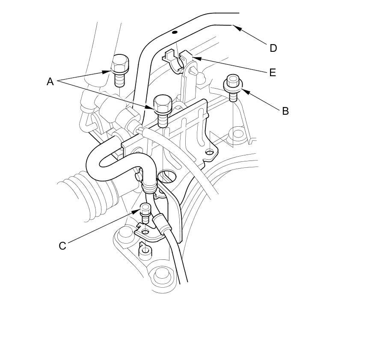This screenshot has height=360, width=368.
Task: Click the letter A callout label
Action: [50, 81]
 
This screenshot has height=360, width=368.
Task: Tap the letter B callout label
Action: [285, 111]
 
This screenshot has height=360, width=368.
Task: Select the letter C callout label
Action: [62, 246]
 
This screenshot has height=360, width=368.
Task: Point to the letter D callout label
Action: [273, 48]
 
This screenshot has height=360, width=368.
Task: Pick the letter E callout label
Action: [272, 72]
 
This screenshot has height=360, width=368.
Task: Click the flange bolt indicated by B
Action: [233, 86]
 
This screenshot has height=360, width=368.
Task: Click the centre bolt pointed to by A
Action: [163, 109]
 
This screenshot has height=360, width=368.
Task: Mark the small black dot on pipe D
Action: [174, 32]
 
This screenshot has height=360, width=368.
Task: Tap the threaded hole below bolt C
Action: [145, 250]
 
